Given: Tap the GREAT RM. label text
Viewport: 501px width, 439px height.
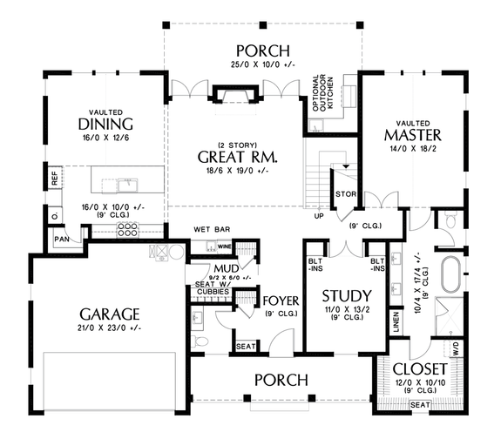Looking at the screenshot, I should (x=238, y=158).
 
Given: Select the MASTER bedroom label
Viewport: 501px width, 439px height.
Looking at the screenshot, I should (x=412, y=137).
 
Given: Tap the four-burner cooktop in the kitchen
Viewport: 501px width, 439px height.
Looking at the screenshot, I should (x=127, y=230).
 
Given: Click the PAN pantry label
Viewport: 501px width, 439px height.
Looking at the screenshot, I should (x=62, y=237).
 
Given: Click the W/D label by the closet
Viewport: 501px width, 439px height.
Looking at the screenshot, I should (x=454, y=348).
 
